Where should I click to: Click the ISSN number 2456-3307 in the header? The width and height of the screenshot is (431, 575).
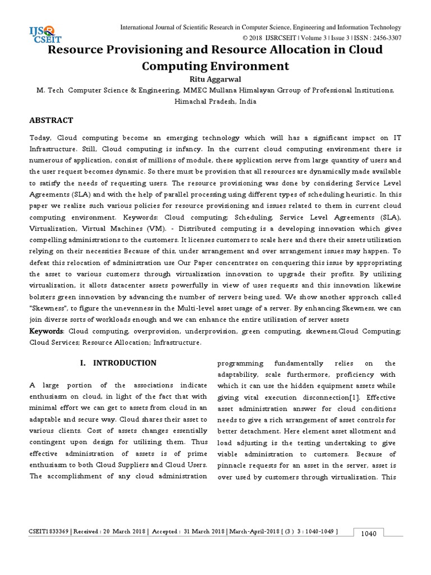[385, 38]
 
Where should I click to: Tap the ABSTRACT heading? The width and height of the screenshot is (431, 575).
[52, 120]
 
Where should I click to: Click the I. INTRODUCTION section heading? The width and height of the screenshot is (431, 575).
[120, 363]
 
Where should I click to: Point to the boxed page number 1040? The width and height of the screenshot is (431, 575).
[370, 533]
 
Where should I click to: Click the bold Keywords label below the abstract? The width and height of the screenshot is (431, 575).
[47, 331]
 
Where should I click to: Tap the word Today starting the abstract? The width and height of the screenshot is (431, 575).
[42, 138]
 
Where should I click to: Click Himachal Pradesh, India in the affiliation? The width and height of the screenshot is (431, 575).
[215, 102]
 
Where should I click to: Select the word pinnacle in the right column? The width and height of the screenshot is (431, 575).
[235, 466]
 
